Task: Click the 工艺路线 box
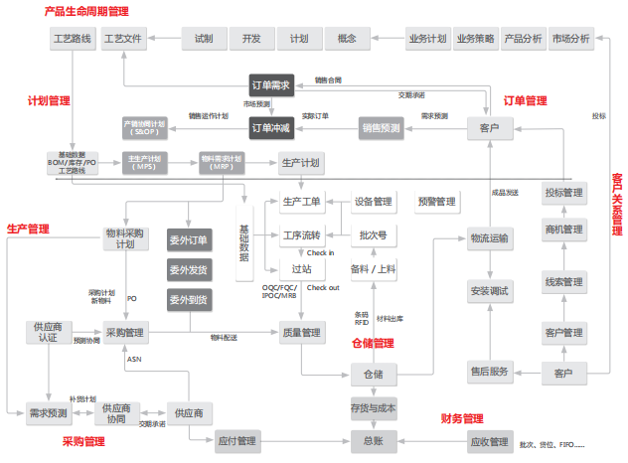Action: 72,40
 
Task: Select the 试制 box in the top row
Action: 205,40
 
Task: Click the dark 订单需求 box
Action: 271,85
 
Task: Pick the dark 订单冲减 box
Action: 271,128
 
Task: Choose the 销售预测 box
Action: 382,128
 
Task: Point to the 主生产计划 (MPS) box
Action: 147,162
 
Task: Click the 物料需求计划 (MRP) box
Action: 222,162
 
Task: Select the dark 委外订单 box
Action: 189,240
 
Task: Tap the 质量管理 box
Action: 300,332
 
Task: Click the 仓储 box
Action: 374,374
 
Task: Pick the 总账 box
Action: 374,440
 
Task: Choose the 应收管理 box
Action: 488,440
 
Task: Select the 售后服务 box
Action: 490,373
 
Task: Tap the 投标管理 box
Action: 564,193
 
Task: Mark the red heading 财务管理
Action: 461,418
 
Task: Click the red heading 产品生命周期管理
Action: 87,11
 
